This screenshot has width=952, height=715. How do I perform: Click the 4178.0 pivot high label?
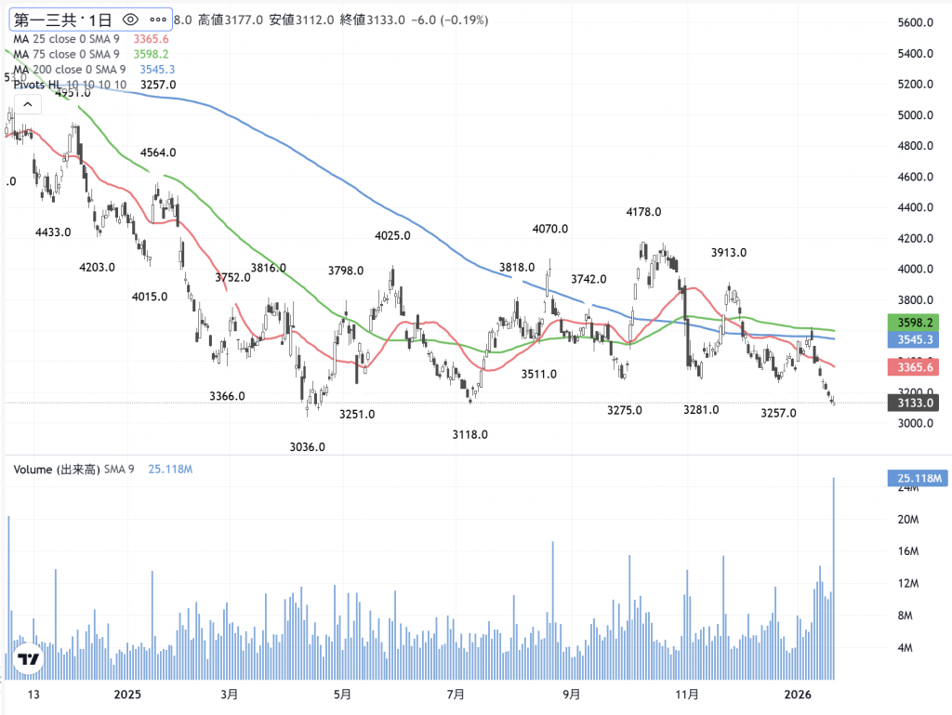643,212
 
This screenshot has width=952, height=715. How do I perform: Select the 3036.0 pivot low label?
308,447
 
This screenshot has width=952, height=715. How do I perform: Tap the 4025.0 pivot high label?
392,236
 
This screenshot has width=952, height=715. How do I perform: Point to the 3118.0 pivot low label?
470,434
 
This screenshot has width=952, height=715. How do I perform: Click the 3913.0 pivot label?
729,252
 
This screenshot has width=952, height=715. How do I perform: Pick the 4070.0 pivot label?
549,229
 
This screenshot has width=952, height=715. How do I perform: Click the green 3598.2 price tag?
915,323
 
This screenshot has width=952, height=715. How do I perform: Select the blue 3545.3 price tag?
915,339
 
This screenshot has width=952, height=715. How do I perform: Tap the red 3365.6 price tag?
915,368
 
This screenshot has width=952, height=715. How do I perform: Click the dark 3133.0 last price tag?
915,403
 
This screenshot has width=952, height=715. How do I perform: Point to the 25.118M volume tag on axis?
916,479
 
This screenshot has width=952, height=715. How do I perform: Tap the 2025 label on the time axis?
126,695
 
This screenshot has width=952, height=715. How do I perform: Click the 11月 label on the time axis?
688,695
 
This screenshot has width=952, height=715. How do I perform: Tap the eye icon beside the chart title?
130,19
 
